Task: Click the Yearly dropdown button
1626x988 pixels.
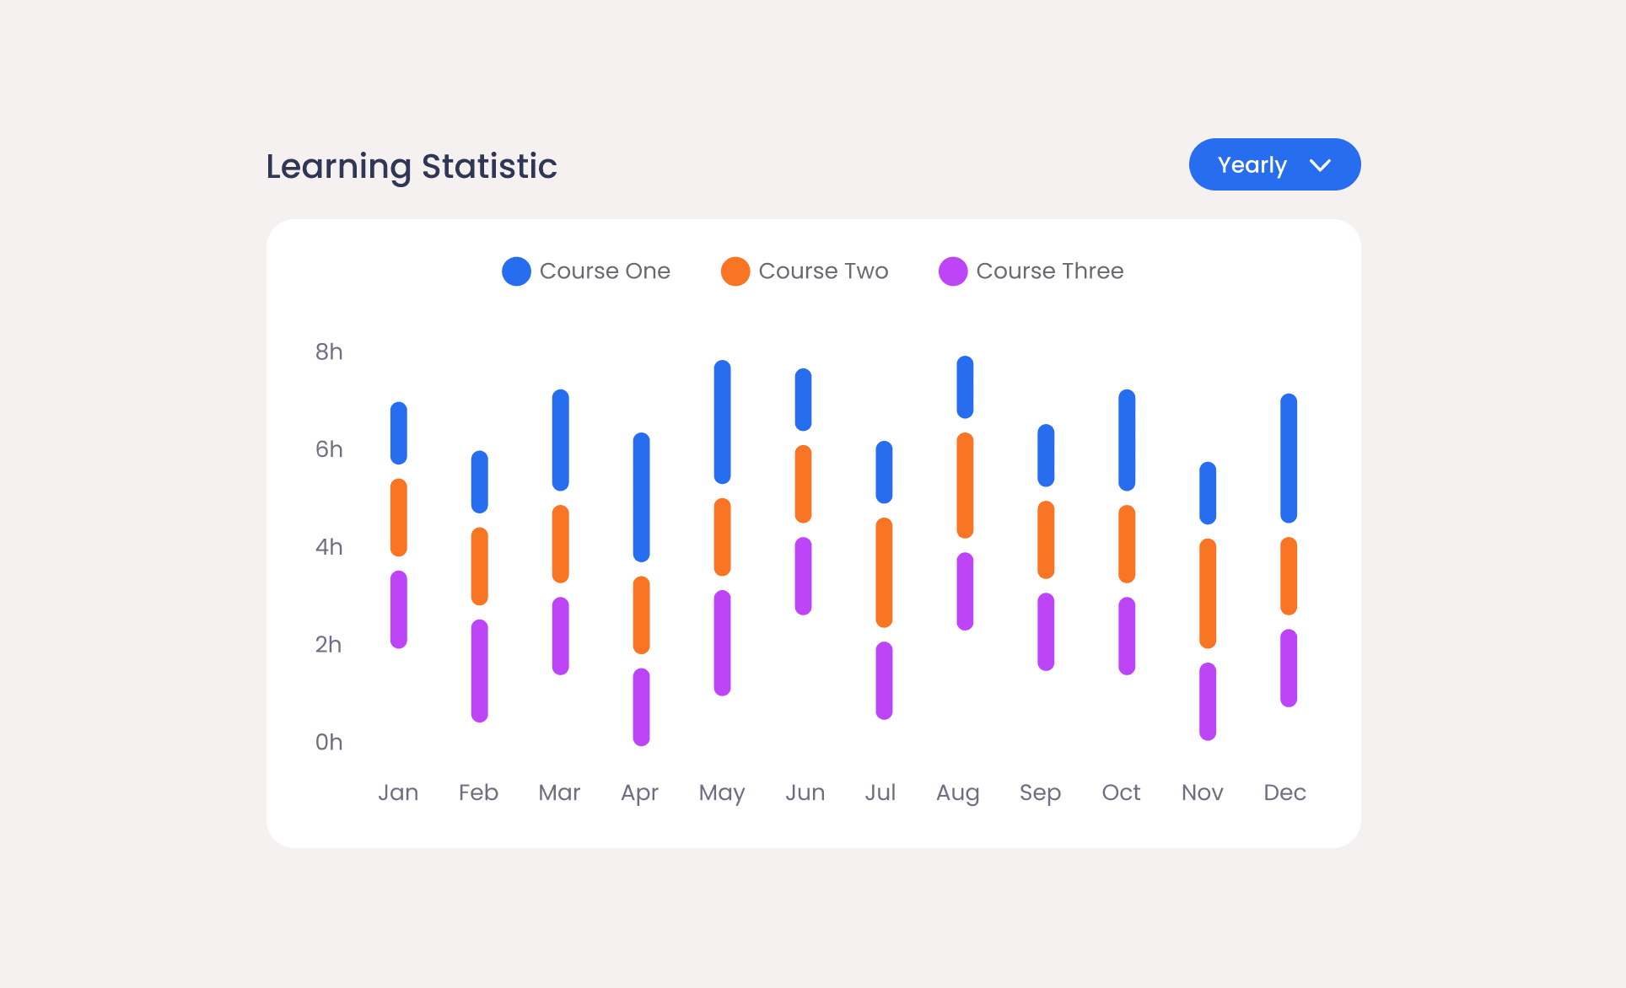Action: pyautogui.click(x=1273, y=164)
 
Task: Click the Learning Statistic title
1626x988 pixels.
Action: pyautogui.click(x=412, y=166)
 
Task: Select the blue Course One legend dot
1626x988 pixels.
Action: pyautogui.click(x=516, y=271)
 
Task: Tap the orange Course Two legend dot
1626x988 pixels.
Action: pyautogui.click(x=735, y=271)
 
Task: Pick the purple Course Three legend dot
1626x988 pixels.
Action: pyautogui.click(x=952, y=271)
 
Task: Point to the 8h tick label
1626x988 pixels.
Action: pyautogui.click(x=329, y=352)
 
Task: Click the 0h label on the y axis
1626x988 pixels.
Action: pyautogui.click(x=329, y=742)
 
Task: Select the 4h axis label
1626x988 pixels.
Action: pyautogui.click(x=329, y=547)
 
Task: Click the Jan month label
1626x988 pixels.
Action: pyautogui.click(x=398, y=792)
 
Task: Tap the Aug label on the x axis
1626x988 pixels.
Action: pyautogui.click(x=957, y=792)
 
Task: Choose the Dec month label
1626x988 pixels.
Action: pyautogui.click(x=1284, y=792)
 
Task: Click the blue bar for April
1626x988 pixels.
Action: pyautogui.click(x=642, y=497)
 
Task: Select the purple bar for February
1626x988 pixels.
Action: pyautogui.click(x=480, y=671)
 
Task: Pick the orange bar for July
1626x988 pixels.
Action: pyautogui.click(x=884, y=572)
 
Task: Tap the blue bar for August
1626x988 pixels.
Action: pyautogui.click(x=965, y=387)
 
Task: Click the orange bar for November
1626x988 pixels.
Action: pyautogui.click(x=1208, y=593)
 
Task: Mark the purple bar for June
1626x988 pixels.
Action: pyautogui.click(x=804, y=576)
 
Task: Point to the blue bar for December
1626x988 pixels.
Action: pyautogui.click(x=1289, y=458)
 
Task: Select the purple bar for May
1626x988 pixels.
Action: pyautogui.click(x=723, y=642)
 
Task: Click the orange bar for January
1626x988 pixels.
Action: pyautogui.click(x=399, y=518)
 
